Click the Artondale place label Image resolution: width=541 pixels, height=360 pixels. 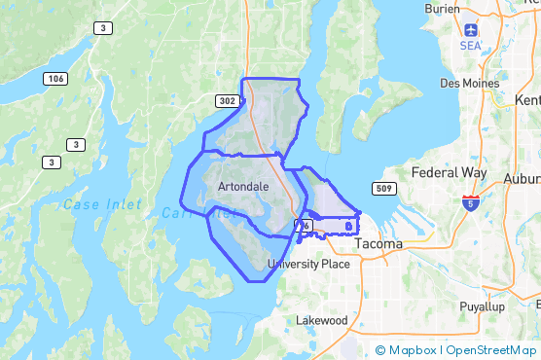244,185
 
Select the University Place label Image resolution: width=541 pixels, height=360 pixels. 308,264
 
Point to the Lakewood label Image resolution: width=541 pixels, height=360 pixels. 322,320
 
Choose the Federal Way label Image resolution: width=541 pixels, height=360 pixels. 449,173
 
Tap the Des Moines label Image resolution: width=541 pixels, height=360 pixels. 469,84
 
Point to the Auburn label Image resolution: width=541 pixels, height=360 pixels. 522,178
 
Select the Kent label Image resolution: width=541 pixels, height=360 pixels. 529,100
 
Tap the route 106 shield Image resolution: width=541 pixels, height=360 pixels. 54,78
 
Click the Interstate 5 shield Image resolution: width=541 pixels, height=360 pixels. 470,202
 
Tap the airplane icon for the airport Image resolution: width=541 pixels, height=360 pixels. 472,30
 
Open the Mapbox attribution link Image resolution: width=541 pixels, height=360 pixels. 412,350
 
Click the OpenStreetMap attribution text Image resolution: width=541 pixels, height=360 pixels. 491,350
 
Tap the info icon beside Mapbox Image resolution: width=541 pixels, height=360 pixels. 380,350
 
